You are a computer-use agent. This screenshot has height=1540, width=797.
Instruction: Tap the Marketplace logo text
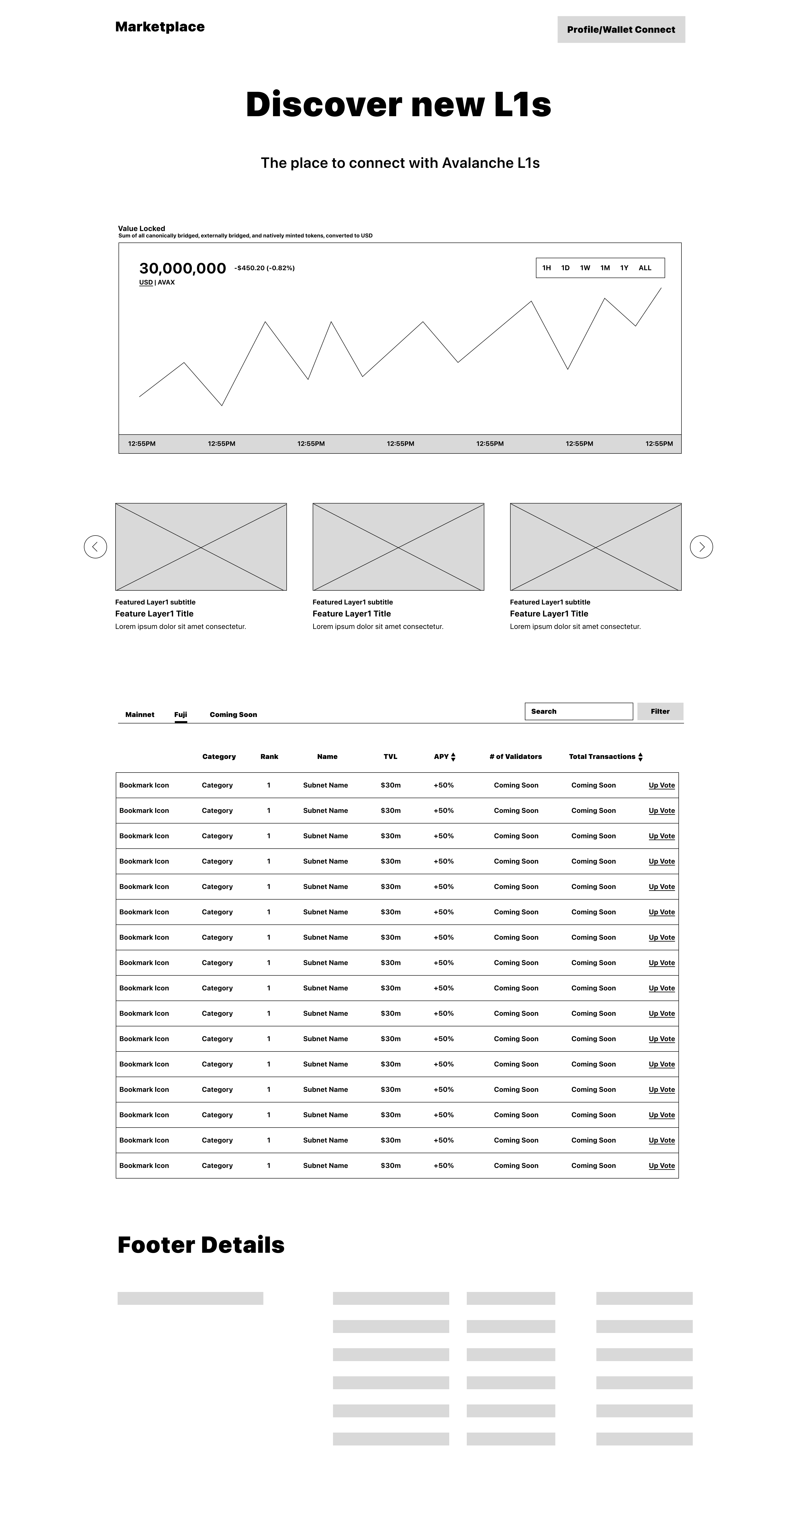[x=160, y=27]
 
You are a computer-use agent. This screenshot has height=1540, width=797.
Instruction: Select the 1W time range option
[x=585, y=268]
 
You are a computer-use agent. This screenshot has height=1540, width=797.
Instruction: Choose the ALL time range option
[x=645, y=268]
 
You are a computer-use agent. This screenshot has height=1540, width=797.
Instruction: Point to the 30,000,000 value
[x=182, y=268]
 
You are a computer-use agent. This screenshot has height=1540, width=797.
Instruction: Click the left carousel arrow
[x=95, y=546]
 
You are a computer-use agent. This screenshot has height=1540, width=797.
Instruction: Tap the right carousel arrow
[x=701, y=546]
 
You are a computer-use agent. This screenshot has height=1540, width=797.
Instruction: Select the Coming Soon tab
[x=233, y=714]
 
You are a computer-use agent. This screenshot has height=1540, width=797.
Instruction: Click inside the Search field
[x=578, y=711]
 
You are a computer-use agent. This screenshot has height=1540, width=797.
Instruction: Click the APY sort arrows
[x=453, y=757]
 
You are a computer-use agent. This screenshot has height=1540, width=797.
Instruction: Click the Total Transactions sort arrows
[x=640, y=757]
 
